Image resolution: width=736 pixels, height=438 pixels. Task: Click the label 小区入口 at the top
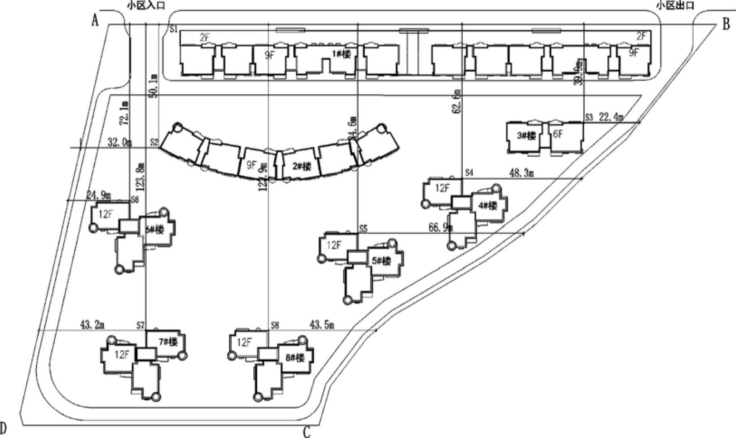point(145,5)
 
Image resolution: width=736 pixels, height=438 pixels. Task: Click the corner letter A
point(95,20)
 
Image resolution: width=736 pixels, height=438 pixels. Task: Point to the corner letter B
point(726,24)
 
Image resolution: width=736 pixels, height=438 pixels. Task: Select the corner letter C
point(307,432)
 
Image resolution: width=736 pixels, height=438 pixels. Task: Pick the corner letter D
point(3,428)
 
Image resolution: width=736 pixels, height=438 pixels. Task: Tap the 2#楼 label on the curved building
point(302,166)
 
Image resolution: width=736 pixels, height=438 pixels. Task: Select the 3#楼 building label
point(526,135)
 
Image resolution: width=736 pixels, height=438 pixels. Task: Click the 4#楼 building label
point(487,206)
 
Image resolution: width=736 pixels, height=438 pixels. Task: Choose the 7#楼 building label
point(168,342)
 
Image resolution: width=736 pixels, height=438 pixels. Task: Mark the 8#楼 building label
point(295,358)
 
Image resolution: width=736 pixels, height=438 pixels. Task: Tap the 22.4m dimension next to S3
point(611,118)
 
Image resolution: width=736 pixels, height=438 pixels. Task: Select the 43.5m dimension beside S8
point(322,325)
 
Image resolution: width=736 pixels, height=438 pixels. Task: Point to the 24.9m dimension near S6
point(99,196)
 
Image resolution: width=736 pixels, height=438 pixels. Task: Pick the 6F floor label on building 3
point(558,134)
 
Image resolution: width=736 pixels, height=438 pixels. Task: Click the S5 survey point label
point(363,229)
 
